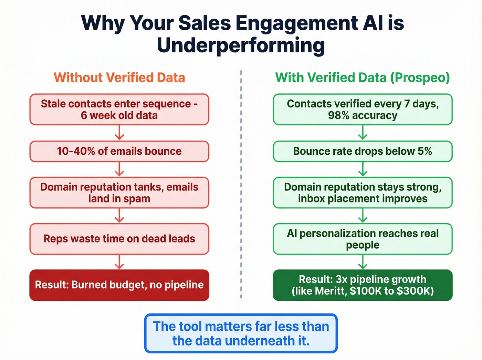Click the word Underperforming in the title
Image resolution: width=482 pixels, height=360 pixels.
(x=241, y=45)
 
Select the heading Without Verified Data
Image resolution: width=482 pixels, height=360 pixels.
(x=119, y=78)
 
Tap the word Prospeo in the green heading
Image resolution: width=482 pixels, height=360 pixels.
(x=420, y=78)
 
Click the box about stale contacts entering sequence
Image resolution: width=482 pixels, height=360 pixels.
(x=119, y=109)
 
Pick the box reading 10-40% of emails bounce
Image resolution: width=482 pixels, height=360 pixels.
(x=119, y=151)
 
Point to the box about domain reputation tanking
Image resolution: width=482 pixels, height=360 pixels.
(x=119, y=193)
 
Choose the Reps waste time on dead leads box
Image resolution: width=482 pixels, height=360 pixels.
(x=119, y=239)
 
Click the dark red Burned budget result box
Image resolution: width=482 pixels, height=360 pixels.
(x=119, y=285)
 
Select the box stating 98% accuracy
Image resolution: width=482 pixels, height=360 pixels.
(x=363, y=109)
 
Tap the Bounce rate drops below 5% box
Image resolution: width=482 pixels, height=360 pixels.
(x=363, y=151)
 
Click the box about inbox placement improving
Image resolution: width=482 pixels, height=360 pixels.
(x=363, y=193)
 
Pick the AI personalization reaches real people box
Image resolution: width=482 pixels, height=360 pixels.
(x=363, y=239)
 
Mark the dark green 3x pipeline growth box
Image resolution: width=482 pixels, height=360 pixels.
(x=363, y=285)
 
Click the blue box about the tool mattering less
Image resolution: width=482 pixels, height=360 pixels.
(x=241, y=333)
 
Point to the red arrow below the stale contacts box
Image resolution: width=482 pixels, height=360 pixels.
(x=119, y=133)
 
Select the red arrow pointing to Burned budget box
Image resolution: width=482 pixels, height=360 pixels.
(x=119, y=262)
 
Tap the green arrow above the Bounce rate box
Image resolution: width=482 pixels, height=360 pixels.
(x=363, y=133)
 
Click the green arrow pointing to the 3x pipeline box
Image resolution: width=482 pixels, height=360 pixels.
(x=363, y=262)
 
